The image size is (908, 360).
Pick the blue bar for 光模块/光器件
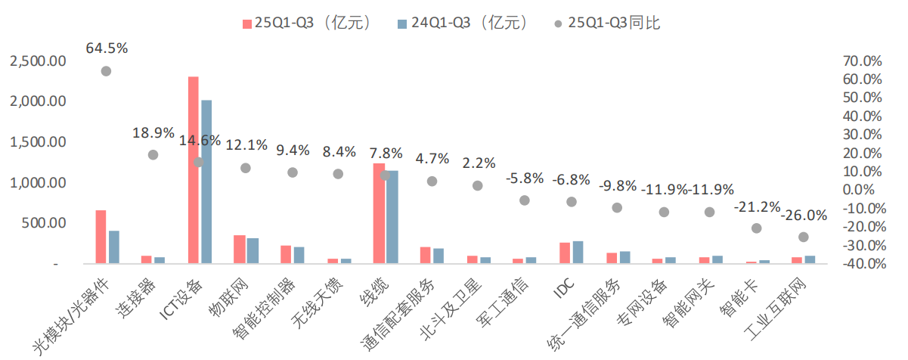pyautogui.click(x=114, y=247)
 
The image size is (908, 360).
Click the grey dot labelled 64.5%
pyautogui.click(x=107, y=71)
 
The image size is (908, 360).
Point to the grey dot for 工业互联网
pyautogui.click(x=803, y=237)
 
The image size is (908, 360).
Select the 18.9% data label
pyautogui.click(x=152, y=133)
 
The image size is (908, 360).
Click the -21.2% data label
pyautogui.click(x=758, y=206)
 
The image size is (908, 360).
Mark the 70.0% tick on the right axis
pyautogui.click(x=861, y=61)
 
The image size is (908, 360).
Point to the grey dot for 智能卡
pyautogui.click(x=757, y=228)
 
